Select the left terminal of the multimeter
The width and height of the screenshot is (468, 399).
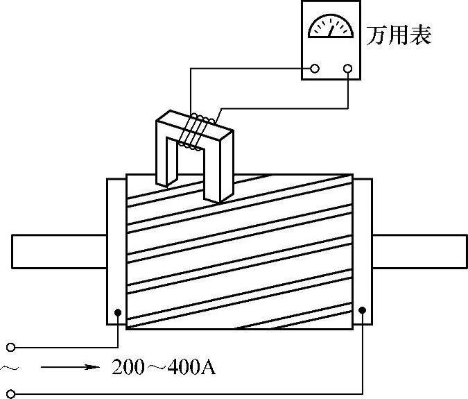click(x=315, y=69)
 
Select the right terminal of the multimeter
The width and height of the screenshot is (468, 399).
click(x=347, y=69)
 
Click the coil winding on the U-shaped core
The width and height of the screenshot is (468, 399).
click(x=194, y=130)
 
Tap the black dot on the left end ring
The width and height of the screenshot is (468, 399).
click(x=118, y=313)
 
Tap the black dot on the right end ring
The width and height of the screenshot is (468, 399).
click(x=362, y=313)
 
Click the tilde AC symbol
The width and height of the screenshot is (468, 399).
click(x=8, y=366)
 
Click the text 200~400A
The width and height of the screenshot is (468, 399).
click(x=163, y=366)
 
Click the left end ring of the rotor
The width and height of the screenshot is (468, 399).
click(x=115, y=251)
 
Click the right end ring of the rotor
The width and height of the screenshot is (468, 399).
click(x=363, y=251)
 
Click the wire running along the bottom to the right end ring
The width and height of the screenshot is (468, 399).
click(x=208, y=393)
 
